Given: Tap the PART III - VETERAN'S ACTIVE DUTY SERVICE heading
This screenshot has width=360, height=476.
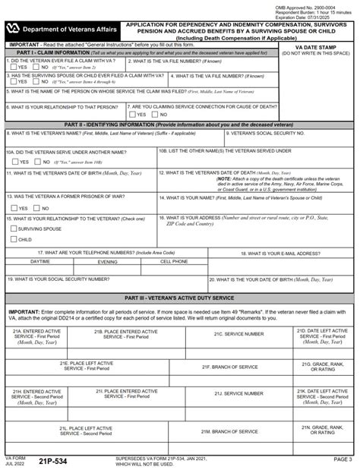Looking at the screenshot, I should tap(179, 299).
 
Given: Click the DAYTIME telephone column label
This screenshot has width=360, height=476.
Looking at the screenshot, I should tap(40, 261).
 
